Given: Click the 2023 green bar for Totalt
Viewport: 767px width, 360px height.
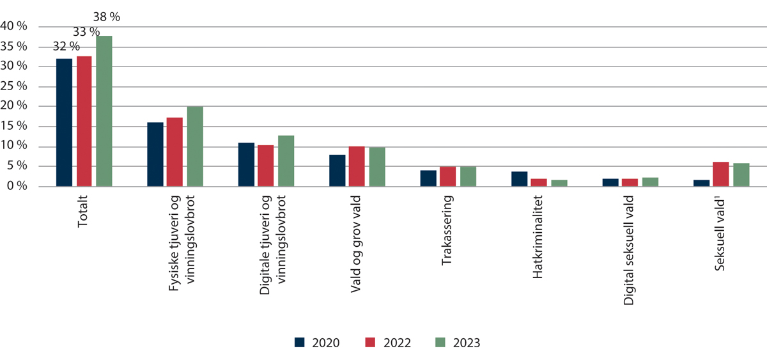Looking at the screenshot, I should [x=104, y=111].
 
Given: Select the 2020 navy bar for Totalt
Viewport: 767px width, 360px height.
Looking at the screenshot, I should [x=64, y=123].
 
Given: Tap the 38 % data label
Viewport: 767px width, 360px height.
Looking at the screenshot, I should [x=106, y=17].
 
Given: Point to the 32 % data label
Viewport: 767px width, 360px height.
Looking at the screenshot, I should [x=66, y=46].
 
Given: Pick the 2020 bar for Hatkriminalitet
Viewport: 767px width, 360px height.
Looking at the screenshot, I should [x=519, y=179].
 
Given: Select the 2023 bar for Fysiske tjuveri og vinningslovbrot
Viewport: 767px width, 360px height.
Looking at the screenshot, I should [x=195, y=146].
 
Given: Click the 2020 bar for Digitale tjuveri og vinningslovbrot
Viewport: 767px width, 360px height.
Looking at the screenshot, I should [x=246, y=164].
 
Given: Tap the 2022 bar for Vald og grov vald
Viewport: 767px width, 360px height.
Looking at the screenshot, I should [x=357, y=166].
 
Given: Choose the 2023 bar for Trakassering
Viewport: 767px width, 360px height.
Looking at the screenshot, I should [x=468, y=176].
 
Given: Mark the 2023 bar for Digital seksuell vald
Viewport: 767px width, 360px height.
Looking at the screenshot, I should [x=650, y=182].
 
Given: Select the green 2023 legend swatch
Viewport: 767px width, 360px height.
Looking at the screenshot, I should [x=440, y=342].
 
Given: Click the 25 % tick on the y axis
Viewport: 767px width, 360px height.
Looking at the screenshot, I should [x=14, y=86].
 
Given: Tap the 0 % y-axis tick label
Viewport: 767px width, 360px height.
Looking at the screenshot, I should [x=17, y=186].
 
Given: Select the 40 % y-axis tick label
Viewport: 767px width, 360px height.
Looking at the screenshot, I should [x=14, y=26].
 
